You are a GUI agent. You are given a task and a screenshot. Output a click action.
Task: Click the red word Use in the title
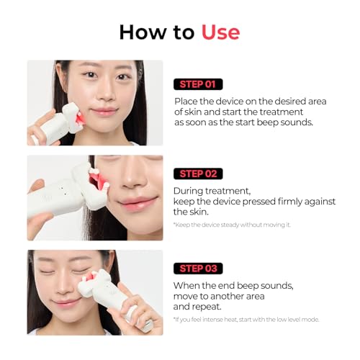[x=220, y=32]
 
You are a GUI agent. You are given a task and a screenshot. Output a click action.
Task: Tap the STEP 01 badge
[x=198, y=84]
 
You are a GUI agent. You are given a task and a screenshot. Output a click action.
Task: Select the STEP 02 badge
[x=198, y=174]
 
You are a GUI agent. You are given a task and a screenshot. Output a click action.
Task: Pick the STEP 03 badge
[x=198, y=269]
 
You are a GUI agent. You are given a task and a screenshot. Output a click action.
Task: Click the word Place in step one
[x=186, y=102]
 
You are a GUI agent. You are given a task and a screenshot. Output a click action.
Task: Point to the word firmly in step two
[x=289, y=202]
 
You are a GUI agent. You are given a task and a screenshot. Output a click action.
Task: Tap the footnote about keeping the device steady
[x=232, y=225]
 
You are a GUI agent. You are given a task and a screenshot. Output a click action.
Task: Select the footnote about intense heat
[x=246, y=320]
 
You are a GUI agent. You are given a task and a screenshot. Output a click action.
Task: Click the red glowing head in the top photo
[x=81, y=118]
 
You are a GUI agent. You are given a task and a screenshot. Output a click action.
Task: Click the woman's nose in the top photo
[x=107, y=94]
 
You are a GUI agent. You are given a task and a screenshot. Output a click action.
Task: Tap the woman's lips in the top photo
[x=104, y=112]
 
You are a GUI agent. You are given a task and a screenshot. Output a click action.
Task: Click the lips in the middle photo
[x=138, y=202]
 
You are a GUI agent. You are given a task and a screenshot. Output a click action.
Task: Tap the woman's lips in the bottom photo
[x=66, y=302]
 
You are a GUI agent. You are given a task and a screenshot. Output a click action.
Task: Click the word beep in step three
[x=248, y=286]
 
